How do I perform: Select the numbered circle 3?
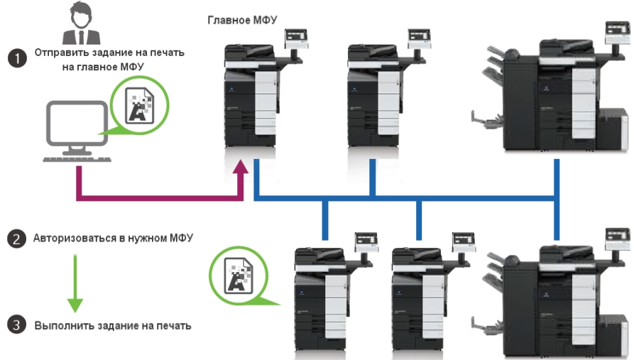click(x=16, y=326)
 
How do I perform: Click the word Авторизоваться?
click(x=75, y=238)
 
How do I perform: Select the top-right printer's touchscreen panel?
click(x=615, y=31)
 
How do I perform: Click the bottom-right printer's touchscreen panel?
click(x=615, y=238)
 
